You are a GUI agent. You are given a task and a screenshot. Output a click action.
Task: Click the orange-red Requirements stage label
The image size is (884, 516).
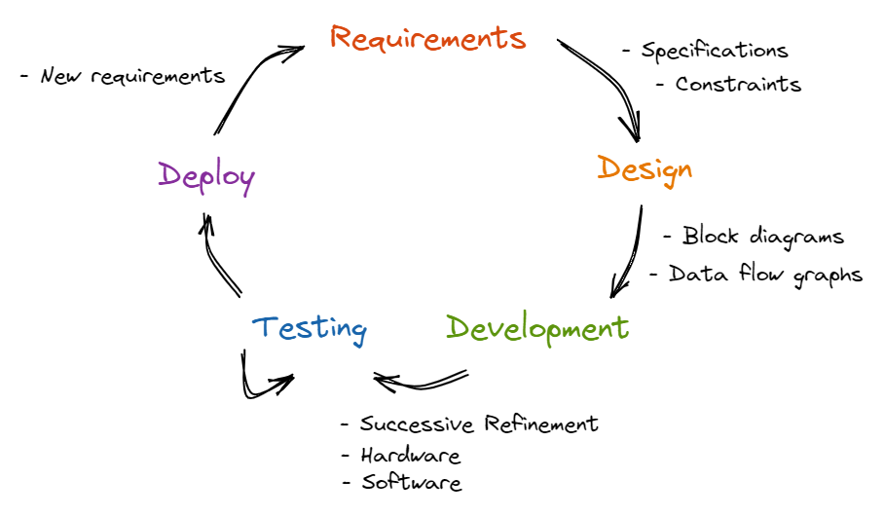click(x=427, y=38)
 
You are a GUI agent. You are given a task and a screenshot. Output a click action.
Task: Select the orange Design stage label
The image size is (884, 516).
click(x=645, y=168)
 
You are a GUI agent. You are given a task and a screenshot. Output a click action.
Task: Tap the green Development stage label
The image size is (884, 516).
click(x=537, y=328)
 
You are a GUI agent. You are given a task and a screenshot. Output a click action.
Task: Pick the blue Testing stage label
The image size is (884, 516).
click(x=309, y=328)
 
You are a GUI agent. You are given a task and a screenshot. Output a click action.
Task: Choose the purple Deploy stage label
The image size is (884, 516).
click(x=206, y=177)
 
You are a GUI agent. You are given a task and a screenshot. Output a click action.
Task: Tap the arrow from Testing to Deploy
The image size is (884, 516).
click(x=219, y=257)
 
